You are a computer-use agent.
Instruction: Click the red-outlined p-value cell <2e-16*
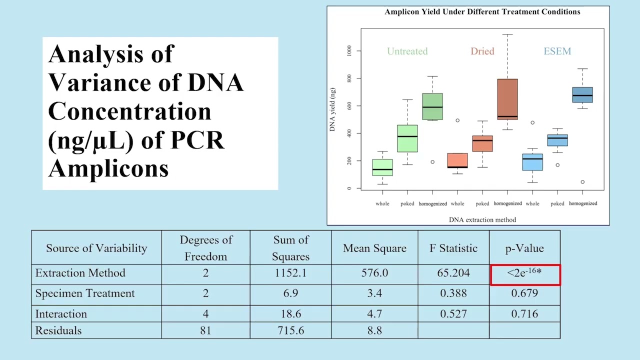point(524,274)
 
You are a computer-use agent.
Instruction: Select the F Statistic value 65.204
point(453,273)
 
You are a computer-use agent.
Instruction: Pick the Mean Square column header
point(374,248)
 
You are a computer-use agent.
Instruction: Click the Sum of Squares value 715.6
point(290,330)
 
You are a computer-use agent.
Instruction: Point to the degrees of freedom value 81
point(205,330)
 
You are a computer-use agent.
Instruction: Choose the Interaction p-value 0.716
point(524,314)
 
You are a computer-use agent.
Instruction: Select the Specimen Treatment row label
point(85,293)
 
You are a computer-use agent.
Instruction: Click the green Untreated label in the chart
point(407,51)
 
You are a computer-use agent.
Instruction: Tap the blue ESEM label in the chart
point(557,51)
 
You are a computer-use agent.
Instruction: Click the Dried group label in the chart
point(482,51)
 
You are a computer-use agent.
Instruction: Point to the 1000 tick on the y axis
point(348,50)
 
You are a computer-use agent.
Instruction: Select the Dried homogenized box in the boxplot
point(507,99)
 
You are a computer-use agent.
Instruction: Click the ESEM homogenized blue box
point(582,94)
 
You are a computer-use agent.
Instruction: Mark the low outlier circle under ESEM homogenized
point(582,182)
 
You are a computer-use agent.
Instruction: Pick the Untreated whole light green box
point(382,167)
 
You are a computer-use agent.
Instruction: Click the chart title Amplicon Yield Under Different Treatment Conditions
point(482,11)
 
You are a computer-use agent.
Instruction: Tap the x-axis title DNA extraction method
point(482,219)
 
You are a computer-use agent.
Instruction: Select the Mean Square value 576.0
point(374,273)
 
